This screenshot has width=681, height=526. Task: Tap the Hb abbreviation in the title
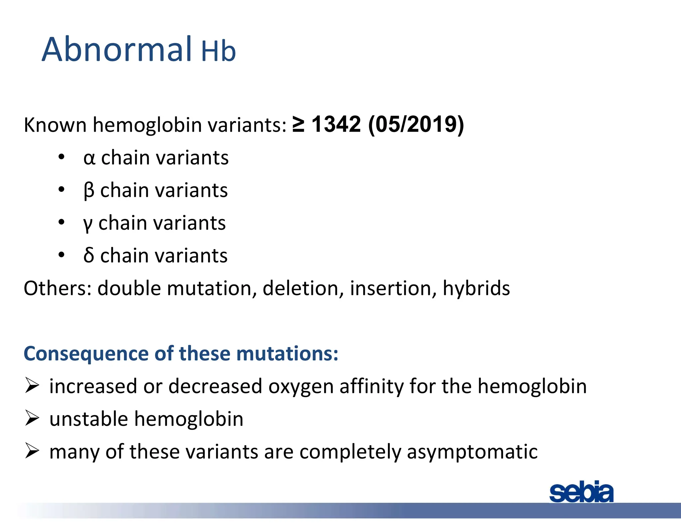point(218,52)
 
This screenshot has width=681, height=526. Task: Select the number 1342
point(336,124)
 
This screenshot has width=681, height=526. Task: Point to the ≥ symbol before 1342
point(298,124)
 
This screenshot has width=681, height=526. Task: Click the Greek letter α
point(89,158)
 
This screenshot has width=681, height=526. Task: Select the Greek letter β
point(89,191)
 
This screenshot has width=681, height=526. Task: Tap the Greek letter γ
point(88,224)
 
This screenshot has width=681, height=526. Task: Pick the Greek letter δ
point(89,255)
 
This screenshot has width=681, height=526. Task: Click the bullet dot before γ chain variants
point(61,222)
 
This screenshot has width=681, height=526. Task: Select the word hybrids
point(476,288)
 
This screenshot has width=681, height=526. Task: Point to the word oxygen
point(301,387)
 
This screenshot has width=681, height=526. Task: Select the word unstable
point(88,419)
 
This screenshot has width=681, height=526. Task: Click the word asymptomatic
point(472,452)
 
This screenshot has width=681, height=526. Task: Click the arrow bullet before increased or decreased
point(32,386)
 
